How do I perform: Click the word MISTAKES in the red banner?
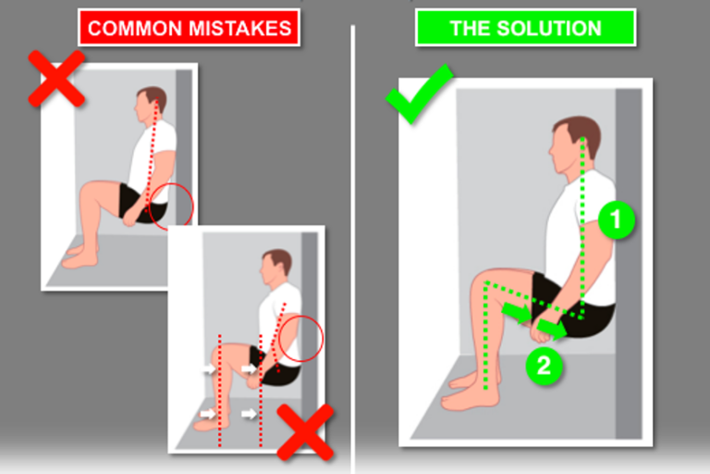pyautogui.click(x=240, y=29)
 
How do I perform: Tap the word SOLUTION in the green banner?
pyautogui.click(x=549, y=29)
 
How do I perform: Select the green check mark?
pyautogui.click(x=419, y=94)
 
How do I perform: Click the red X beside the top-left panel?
pyautogui.click(x=56, y=79)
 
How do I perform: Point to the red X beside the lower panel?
pyautogui.click(x=305, y=432)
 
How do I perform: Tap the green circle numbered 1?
pyautogui.click(x=617, y=220)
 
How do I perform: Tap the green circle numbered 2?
pyautogui.click(x=544, y=366)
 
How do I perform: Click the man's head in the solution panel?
pyautogui.click(x=575, y=144)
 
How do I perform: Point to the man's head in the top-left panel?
pyautogui.click(x=151, y=105)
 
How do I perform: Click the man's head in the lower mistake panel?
pyautogui.click(x=275, y=268)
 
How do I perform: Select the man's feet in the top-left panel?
pyautogui.click(x=80, y=256)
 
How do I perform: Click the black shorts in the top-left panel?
pyautogui.click(x=141, y=204)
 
